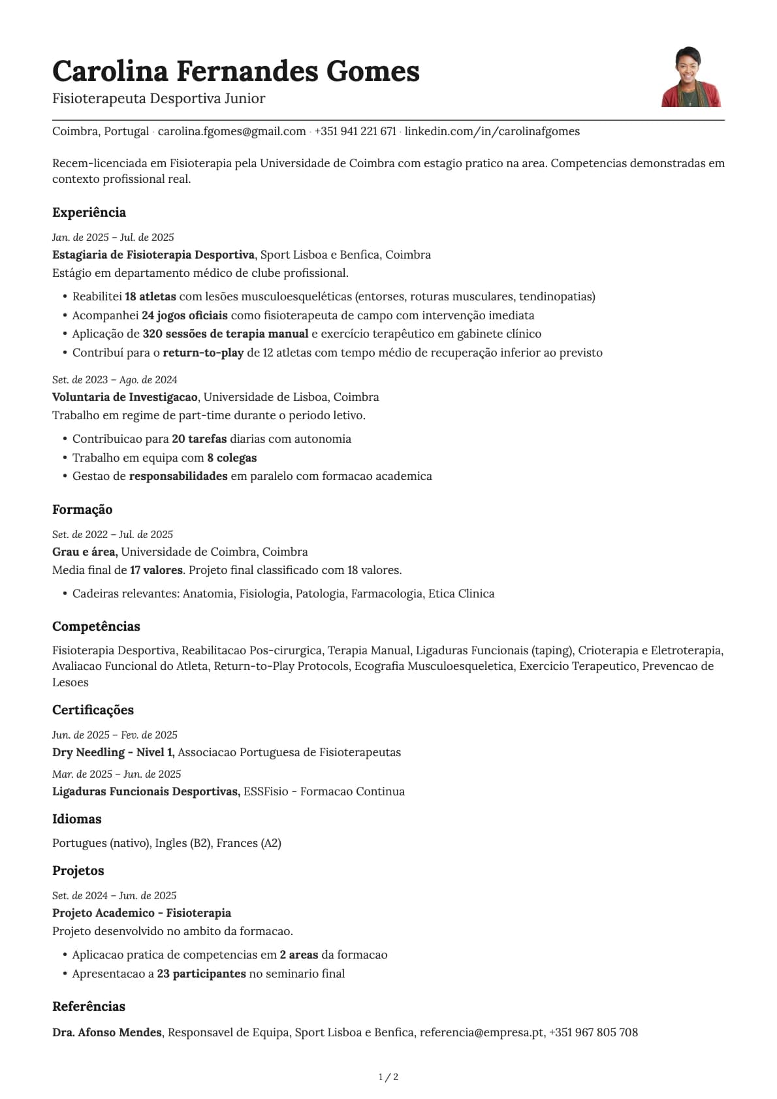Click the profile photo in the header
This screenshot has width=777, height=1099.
tap(691, 77)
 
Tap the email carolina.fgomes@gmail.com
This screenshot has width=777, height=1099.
tap(232, 131)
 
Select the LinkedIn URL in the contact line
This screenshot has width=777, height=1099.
tap(492, 131)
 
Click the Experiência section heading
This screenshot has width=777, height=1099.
tap(89, 212)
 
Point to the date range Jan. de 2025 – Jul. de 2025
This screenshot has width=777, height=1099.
tap(113, 237)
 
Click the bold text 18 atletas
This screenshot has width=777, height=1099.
tap(150, 296)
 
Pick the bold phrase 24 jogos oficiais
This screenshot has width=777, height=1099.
tap(184, 315)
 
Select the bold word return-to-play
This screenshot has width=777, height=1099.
tap(203, 353)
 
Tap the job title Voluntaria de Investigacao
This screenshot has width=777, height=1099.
tap(125, 397)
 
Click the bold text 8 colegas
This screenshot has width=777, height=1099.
tap(232, 458)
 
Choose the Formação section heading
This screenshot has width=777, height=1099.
tap(82, 509)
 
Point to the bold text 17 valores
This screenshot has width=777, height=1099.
tap(156, 570)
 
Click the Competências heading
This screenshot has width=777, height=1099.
tap(96, 626)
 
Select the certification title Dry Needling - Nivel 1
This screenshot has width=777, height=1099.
tap(113, 752)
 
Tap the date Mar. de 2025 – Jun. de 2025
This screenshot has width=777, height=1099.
tap(116, 774)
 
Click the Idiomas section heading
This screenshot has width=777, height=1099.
tap(77, 819)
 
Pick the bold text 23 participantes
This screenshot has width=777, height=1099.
tap(201, 974)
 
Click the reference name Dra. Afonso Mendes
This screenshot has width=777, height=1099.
tap(107, 1032)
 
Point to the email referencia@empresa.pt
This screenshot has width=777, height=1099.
tap(482, 1032)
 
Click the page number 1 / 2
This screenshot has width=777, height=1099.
tap(388, 1077)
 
